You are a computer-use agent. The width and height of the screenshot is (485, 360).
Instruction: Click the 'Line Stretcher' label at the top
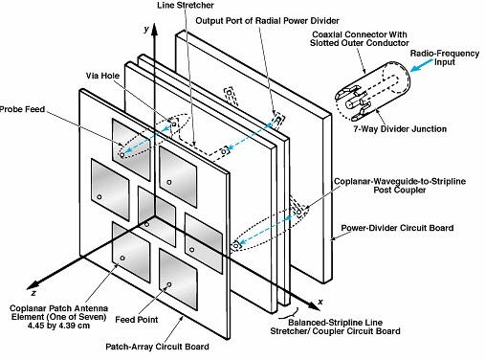[x=186, y=5]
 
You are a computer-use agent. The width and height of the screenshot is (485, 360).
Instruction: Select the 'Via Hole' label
[x=102, y=76]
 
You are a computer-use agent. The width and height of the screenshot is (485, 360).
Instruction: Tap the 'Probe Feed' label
[x=22, y=109]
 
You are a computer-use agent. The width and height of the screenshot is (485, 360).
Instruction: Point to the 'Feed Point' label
[x=137, y=320]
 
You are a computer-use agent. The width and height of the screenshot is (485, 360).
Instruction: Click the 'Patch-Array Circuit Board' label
[x=157, y=347]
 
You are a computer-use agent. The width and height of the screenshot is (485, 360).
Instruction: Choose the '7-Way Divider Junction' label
[x=400, y=129]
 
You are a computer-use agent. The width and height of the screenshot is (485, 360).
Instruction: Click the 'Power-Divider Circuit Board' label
[x=397, y=228]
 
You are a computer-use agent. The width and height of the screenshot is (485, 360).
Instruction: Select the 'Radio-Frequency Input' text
[x=445, y=57]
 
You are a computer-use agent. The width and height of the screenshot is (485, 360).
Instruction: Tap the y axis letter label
[x=146, y=30]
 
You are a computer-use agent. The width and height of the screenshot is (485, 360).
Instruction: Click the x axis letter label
[x=320, y=302]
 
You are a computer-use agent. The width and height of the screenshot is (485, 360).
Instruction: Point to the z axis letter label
[x=34, y=293]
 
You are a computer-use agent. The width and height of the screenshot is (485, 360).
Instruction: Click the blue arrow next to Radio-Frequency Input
[x=421, y=65]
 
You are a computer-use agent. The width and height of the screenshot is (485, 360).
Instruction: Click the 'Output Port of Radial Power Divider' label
[x=267, y=21]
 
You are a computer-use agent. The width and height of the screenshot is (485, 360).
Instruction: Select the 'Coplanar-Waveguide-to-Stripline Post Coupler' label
[x=400, y=186]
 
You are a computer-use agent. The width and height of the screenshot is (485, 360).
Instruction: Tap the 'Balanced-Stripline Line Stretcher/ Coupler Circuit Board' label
[x=335, y=326]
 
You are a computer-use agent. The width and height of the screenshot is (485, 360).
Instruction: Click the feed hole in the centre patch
[x=146, y=224]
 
